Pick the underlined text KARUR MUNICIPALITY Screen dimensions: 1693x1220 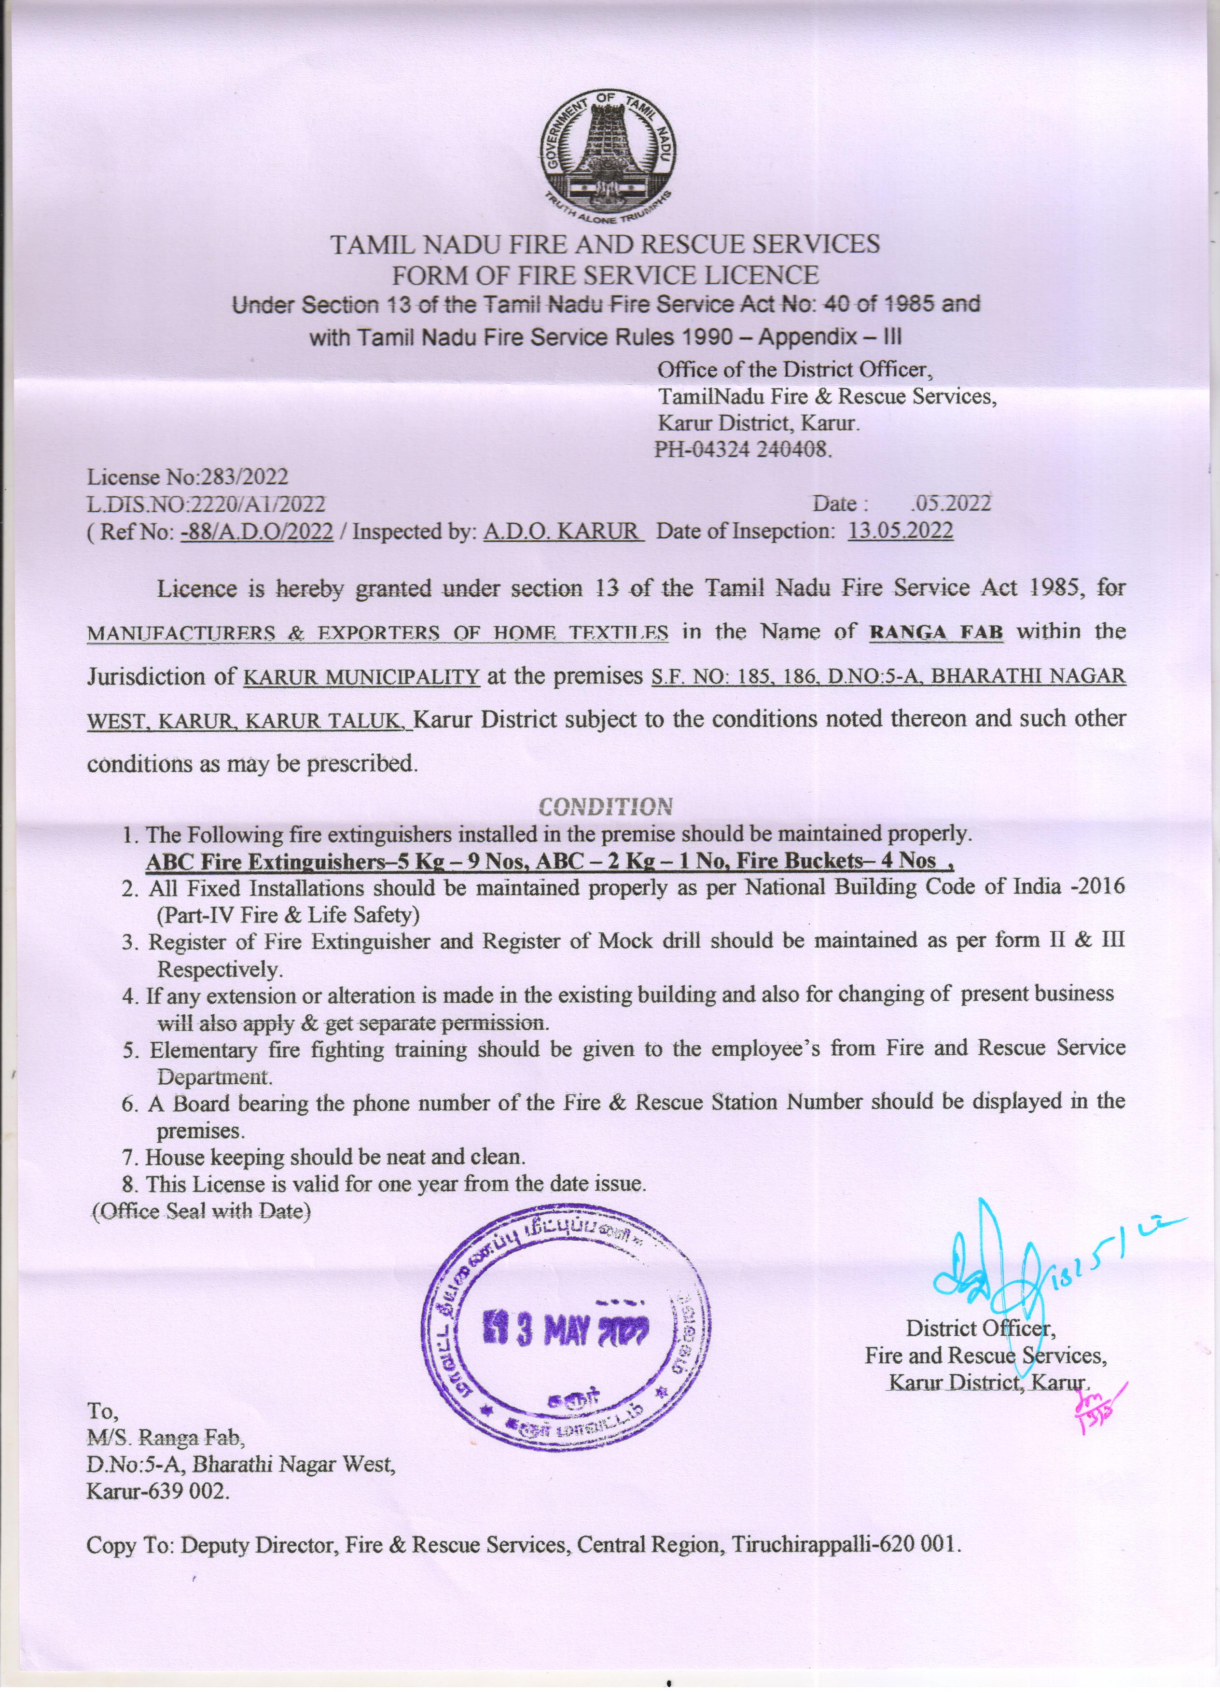tap(362, 677)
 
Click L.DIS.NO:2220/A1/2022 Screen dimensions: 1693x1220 tap(206, 504)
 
